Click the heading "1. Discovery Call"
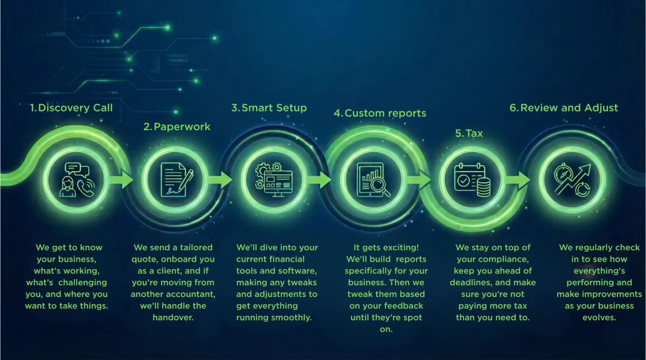click(71, 108)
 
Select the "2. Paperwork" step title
click(177, 127)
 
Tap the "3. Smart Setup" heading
click(269, 108)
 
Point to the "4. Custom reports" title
click(380, 113)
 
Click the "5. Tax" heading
click(468, 133)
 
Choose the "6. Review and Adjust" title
click(564, 108)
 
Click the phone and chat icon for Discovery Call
click(75, 180)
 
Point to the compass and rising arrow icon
click(572, 180)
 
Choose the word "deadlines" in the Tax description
click(472, 283)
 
